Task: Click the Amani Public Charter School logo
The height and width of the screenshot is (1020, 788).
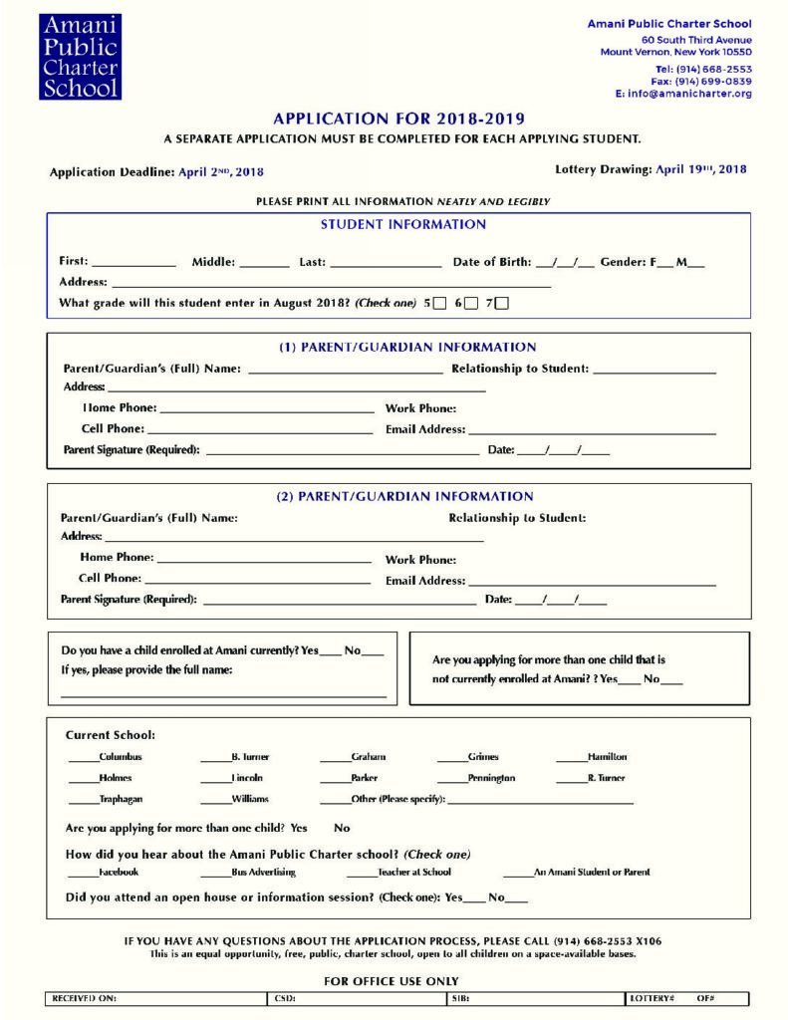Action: [x=80, y=57]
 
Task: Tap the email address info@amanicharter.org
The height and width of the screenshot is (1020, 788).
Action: [x=689, y=94]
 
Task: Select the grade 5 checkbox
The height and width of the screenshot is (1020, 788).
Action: [x=439, y=304]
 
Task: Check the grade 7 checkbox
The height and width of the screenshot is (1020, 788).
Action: [x=501, y=304]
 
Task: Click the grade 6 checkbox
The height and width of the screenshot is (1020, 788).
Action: [x=471, y=304]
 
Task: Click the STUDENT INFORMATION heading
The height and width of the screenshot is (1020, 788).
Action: [x=402, y=225]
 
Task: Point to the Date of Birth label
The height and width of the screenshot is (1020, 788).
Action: [x=491, y=262]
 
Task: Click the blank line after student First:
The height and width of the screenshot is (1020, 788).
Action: [x=133, y=264]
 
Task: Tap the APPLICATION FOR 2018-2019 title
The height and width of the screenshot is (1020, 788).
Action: [x=398, y=120]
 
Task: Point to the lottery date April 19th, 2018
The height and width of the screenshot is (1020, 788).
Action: [x=700, y=169]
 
